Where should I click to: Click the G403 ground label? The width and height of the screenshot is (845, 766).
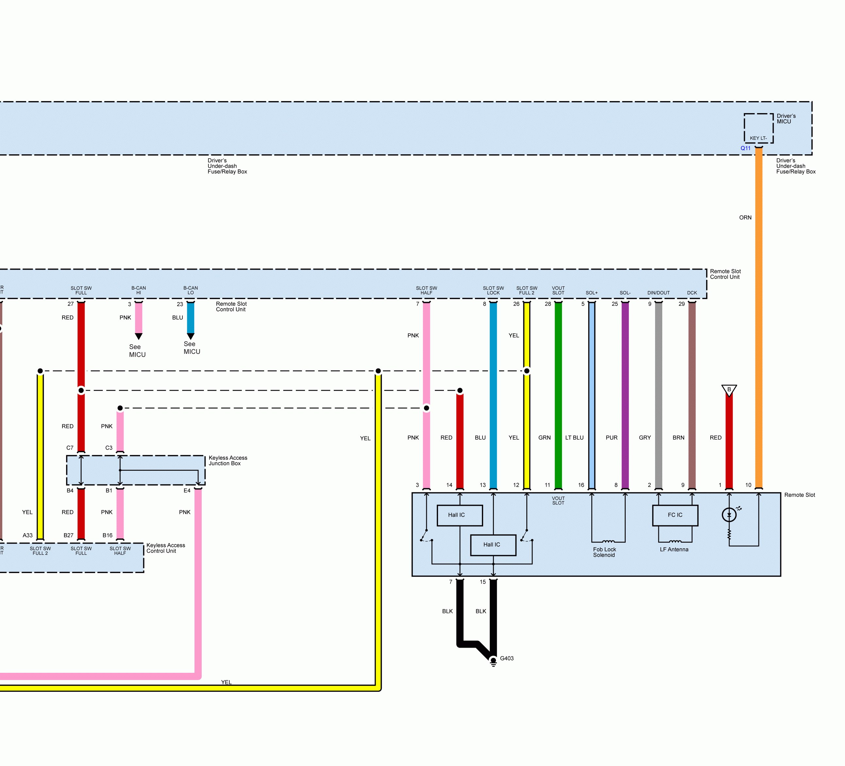(506, 658)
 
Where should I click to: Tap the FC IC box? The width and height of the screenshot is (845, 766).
(675, 515)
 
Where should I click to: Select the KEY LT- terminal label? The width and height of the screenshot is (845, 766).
(758, 138)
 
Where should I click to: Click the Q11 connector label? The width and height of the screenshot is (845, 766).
(745, 148)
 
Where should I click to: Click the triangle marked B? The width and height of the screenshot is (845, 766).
(729, 390)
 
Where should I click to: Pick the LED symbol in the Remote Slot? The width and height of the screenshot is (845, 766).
(729, 515)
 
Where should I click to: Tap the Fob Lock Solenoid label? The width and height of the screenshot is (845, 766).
(604, 552)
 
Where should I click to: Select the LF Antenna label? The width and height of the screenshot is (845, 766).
(674, 549)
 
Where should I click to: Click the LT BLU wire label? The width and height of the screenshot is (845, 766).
(574, 438)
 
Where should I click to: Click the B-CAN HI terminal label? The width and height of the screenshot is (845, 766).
(139, 290)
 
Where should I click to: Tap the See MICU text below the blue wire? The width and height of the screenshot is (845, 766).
(192, 348)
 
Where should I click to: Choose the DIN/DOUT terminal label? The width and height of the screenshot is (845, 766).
(658, 293)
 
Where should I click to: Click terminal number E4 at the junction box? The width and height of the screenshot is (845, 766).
(187, 490)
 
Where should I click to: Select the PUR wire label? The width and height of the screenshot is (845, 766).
(612, 438)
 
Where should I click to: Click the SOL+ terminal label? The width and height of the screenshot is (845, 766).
(591, 293)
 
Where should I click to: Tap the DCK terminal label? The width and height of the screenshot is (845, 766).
(692, 293)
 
